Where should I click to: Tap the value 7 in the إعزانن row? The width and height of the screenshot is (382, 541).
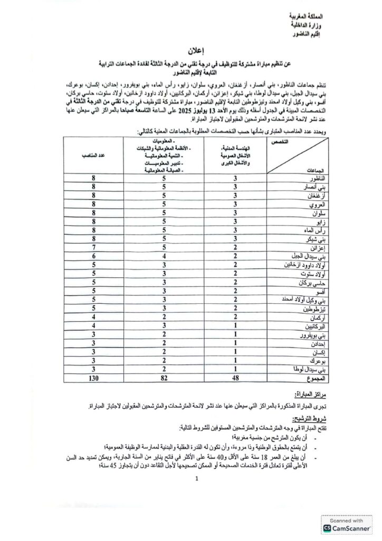click(x=93, y=247)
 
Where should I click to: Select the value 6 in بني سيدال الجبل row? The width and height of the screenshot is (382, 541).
click(x=93, y=256)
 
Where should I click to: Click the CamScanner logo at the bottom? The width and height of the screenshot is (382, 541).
click(x=347, y=525)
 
